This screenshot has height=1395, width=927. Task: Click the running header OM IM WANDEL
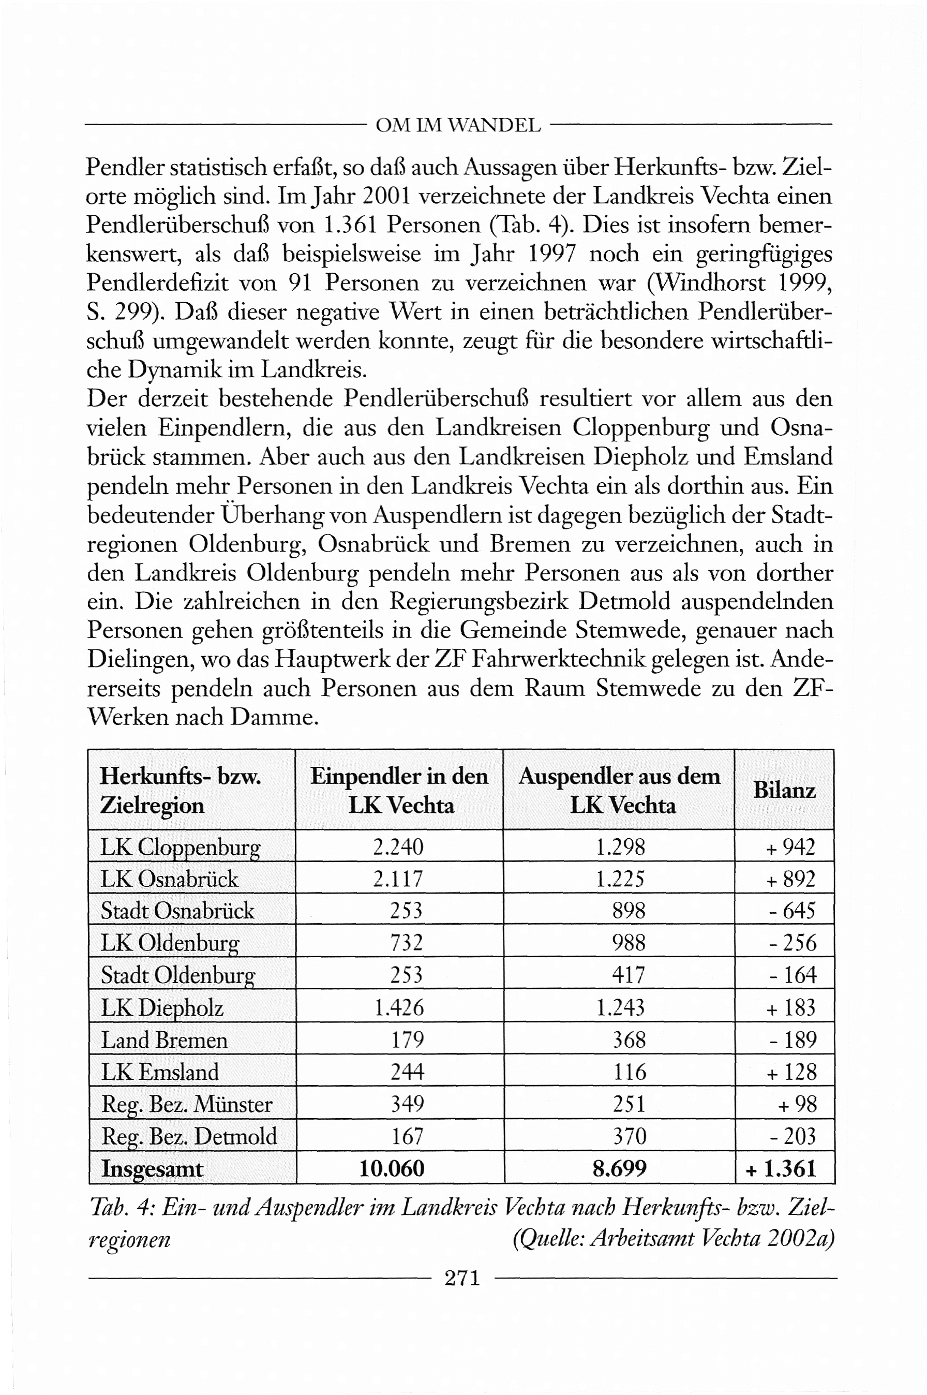click(x=458, y=125)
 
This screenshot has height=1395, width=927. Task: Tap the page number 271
click(x=462, y=1278)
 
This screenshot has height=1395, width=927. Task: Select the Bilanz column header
click(x=784, y=790)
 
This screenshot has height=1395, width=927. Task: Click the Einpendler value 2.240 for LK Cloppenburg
click(x=398, y=847)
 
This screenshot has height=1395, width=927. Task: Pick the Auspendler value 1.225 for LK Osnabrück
click(x=620, y=879)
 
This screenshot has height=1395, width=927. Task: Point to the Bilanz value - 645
click(x=792, y=910)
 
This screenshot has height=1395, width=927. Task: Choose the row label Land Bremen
click(x=164, y=1040)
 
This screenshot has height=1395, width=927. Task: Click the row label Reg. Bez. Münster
click(x=187, y=1104)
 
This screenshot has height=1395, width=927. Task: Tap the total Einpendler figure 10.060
click(x=392, y=1168)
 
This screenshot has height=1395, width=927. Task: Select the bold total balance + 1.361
click(x=782, y=1168)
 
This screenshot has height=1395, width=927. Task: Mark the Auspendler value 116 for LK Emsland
click(x=629, y=1072)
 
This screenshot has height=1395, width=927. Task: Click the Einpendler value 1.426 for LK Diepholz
click(x=399, y=1007)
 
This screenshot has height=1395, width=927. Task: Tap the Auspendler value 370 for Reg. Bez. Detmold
click(x=629, y=1136)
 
